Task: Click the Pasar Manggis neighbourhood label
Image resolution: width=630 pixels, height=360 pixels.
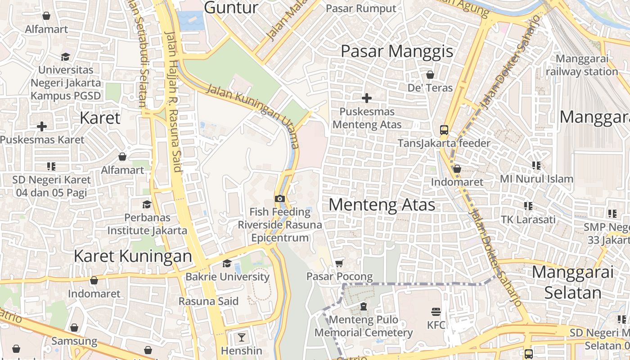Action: click(397, 51)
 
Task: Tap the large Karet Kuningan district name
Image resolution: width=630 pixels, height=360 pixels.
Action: click(133, 256)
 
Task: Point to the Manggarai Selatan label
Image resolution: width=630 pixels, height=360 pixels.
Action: click(573, 282)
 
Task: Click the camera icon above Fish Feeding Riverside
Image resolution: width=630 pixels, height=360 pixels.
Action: click(279, 198)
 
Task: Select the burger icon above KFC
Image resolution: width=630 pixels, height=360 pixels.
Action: click(436, 311)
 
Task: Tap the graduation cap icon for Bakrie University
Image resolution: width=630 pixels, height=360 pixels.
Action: click(227, 263)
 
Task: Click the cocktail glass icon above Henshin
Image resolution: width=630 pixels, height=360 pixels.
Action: click(242, 337)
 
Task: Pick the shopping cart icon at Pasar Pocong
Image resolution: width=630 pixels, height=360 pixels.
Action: click(339, 263)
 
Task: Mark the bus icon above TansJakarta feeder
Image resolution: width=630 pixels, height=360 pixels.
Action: click(444, 130)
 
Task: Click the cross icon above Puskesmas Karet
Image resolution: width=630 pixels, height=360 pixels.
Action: click(42, 126)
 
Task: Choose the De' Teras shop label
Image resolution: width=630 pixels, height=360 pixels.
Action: click(430, 88)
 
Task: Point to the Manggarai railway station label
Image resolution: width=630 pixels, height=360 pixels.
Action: click(582, 65)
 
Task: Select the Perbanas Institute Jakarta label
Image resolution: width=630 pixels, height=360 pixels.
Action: click(147, 224)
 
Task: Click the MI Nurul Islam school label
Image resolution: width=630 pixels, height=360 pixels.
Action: click(536, 179)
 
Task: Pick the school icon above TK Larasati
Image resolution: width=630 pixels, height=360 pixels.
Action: click(528, 206)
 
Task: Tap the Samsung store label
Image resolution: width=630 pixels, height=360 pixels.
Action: click(74, 341)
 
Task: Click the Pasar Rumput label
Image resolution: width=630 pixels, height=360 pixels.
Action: click(361, 9)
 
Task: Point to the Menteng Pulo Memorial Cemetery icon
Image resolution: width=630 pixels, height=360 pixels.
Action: click(363, 306)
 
